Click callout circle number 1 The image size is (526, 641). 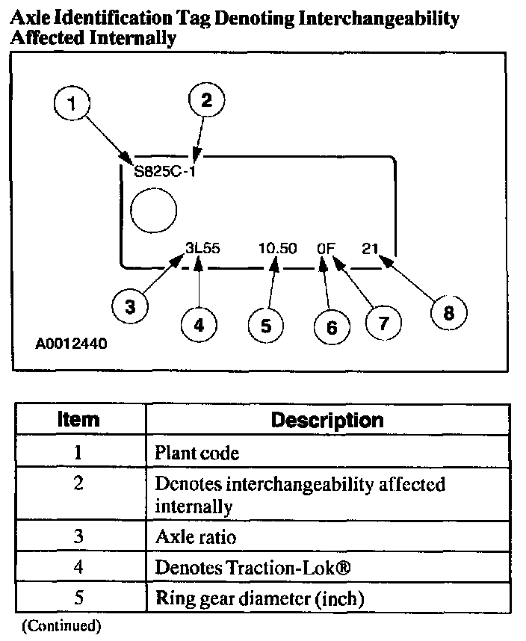coord(72,105)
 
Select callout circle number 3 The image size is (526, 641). coord(130,307)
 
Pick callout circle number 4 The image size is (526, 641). coord(199,325)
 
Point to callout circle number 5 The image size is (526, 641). coord(267,325)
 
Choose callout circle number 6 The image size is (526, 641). coord(332,327)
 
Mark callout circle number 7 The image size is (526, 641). coord(383,322)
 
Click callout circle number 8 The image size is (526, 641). coord(448,313)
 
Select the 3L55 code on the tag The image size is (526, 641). coord(203,248)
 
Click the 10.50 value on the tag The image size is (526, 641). coord(277,248)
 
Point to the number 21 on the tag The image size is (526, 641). coord(370,248)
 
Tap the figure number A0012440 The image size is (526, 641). coord(72,345)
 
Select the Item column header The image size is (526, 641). coord(78,419)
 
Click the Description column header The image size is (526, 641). coord(327,419)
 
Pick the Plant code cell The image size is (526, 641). coord(197,452)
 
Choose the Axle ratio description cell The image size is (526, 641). coord(192,536)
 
